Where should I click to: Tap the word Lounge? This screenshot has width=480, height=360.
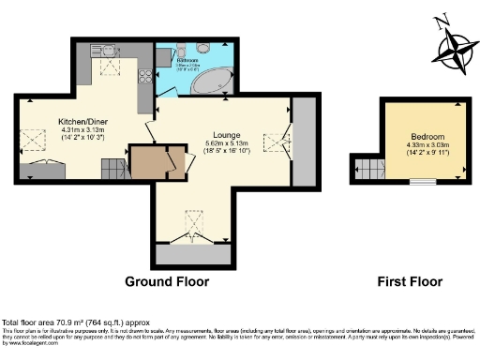[x=227, y=133]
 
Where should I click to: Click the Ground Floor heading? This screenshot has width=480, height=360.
[x=167, y=281]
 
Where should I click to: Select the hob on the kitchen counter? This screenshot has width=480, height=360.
[x=144, y=79]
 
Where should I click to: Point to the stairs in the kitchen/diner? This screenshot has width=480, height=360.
[x=112, y=171]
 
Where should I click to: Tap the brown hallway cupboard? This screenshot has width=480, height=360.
[x=147, y=163]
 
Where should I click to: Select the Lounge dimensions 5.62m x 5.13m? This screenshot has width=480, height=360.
[x=227, y=145]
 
